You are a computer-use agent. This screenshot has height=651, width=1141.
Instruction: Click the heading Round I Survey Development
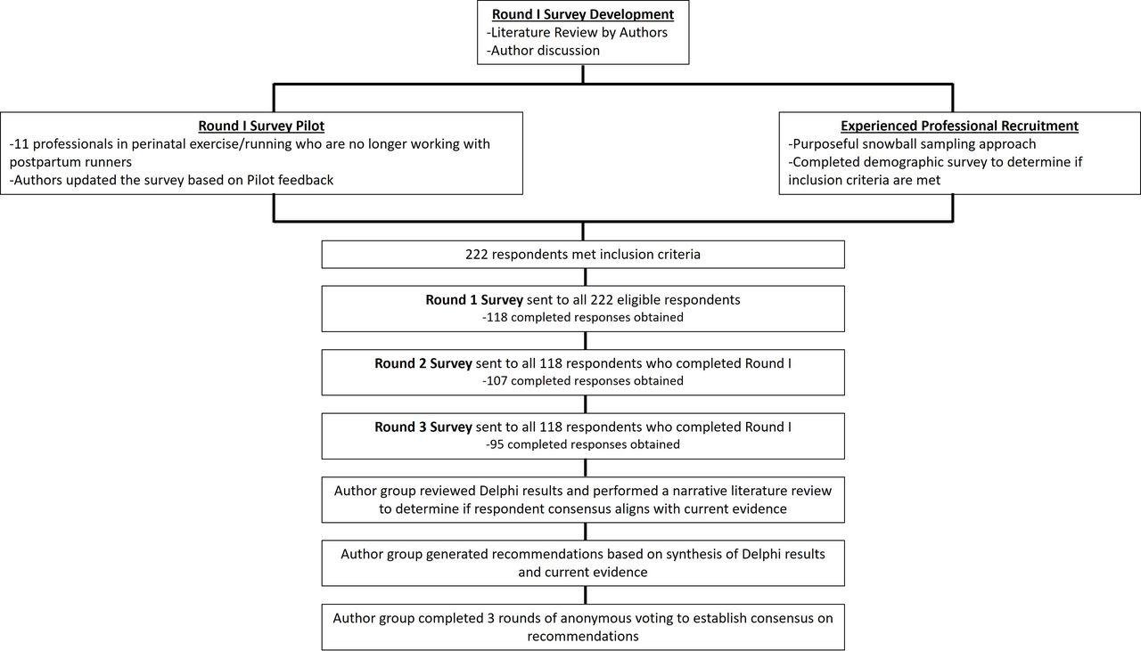[x=583, y=14]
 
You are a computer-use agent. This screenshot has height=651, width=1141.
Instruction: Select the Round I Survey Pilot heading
[x=261, y=126]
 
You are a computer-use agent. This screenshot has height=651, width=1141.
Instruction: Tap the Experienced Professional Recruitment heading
[x=959, y=126]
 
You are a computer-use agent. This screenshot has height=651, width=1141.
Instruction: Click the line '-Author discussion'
[x=543, y=51]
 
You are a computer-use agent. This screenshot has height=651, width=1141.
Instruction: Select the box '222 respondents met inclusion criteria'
[x=583, y=255]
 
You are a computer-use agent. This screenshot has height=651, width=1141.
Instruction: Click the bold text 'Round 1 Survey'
[x=474, y=300]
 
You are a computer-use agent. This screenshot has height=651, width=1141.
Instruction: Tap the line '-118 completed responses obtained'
[x=583, y=317]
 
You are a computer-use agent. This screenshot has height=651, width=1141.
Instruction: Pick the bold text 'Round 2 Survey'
[x=423, y=363]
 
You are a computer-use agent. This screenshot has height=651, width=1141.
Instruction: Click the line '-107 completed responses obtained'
[x=583, y=381]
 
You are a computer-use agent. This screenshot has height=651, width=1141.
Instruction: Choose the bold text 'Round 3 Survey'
[x=423, y=427]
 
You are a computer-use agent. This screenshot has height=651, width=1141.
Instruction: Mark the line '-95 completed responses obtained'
[x=583, y=444]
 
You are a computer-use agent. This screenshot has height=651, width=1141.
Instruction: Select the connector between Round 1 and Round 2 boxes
[x=586, y=340]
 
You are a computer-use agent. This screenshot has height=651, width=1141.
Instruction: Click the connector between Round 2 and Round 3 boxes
[x=586, y=404]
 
